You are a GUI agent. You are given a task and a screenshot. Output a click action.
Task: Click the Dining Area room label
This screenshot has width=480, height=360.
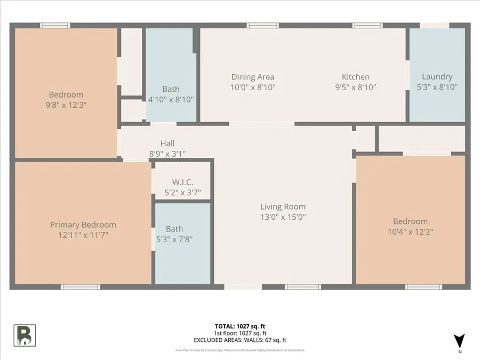[x=253, y=77]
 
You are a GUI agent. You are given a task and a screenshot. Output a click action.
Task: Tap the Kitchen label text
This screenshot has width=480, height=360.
[x=356, y=77]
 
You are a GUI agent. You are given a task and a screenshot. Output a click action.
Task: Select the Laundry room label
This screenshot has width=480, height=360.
[x=437, y=77]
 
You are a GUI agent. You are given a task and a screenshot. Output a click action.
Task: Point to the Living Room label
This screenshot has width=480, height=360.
[x=283, y=207]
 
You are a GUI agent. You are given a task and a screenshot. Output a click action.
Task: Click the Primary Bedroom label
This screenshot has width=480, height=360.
[x=83, y=225]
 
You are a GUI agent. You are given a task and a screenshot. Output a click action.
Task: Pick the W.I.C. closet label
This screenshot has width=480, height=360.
[x=183, y=182]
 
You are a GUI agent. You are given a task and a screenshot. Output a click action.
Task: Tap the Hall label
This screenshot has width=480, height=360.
[x=167, y=143]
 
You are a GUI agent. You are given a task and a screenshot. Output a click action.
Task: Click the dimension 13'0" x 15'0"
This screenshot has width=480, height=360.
[x=283, y=217]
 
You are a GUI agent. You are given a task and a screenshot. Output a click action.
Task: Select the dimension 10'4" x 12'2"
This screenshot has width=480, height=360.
[x=410, y=231]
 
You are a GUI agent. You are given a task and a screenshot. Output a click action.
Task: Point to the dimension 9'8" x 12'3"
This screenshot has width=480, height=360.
[x=67, y=105]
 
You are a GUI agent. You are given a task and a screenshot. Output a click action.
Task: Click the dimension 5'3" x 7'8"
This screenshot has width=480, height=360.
[x=174, y=239]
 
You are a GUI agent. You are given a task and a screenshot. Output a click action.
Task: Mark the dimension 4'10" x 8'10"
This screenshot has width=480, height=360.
[x=171, y=99]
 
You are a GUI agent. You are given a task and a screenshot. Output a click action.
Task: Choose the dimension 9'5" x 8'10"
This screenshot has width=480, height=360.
[x=356, y=87]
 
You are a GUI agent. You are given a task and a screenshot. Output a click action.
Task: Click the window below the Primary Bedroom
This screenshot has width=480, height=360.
[x=80, y=287]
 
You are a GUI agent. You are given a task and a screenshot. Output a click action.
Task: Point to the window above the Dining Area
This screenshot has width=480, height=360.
[x=262, y=25]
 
